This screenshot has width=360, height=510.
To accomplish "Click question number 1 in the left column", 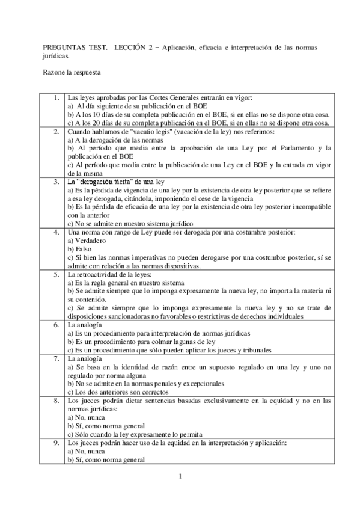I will [55, 97].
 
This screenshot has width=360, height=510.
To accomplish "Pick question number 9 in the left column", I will [55, 442].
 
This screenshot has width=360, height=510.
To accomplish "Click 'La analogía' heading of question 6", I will [85, 324].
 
